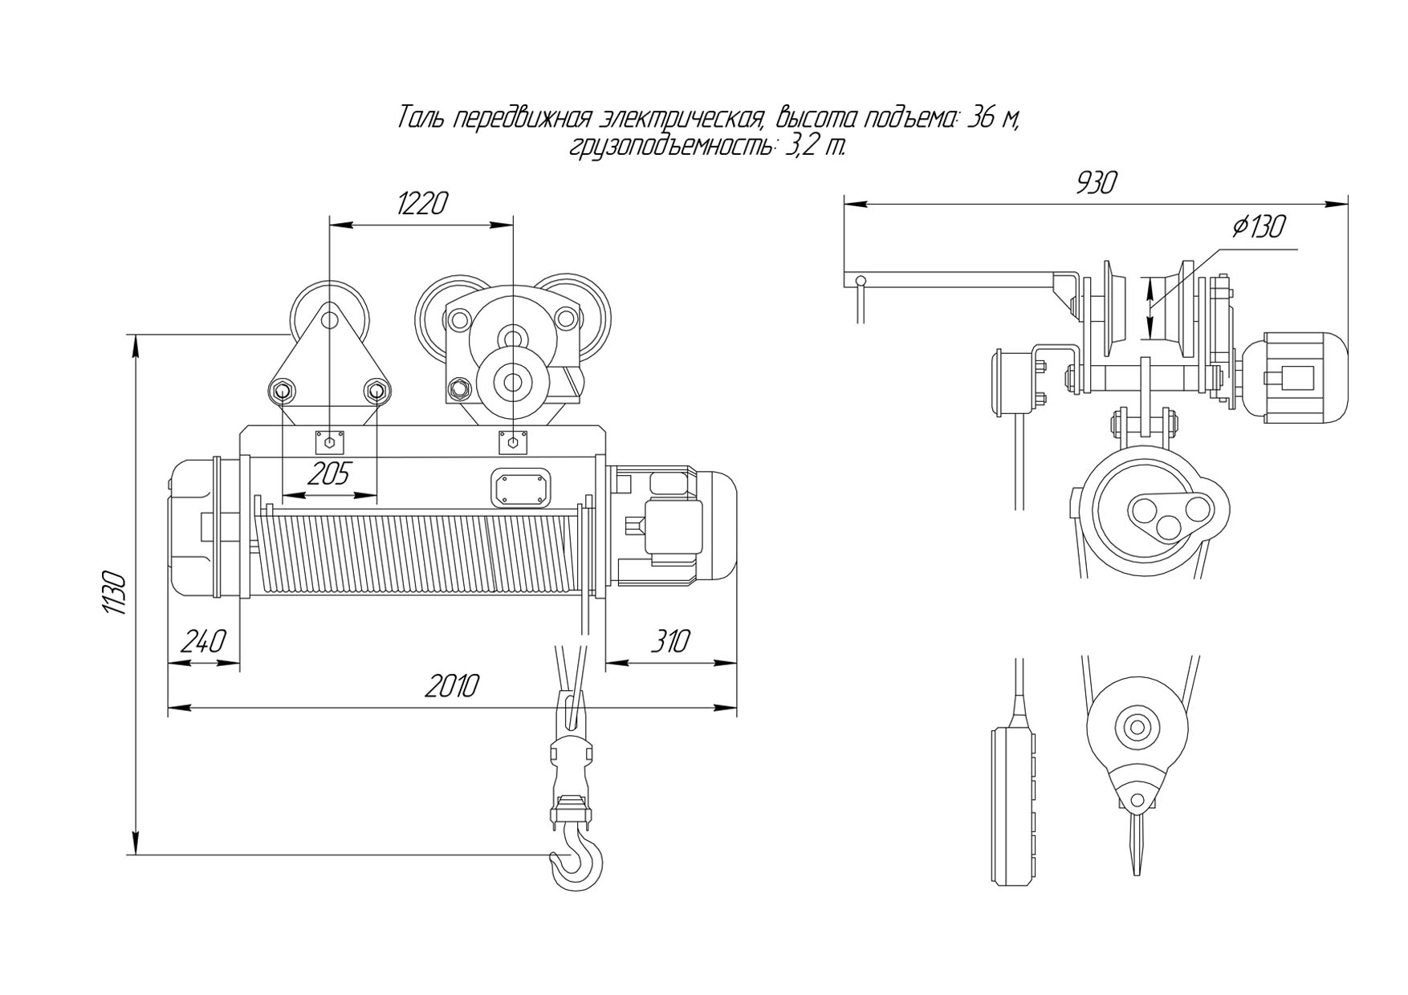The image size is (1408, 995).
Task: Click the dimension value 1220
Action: click(422, 204)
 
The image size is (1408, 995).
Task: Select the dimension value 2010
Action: click(453, 686)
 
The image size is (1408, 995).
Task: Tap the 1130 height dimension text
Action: click(115, 593)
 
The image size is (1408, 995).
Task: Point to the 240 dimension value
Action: click(203, 642)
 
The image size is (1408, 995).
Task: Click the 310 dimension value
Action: click(669, 642)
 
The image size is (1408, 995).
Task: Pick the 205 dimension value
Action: click(329, 474)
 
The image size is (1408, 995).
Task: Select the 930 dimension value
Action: click(1096, 184)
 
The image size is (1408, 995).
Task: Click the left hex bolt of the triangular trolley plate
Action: click(282, 392)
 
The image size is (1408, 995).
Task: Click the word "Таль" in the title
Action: click(422, 119)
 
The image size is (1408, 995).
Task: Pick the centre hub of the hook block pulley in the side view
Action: click(1137, 729)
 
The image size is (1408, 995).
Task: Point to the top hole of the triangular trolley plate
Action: click(329, 320)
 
